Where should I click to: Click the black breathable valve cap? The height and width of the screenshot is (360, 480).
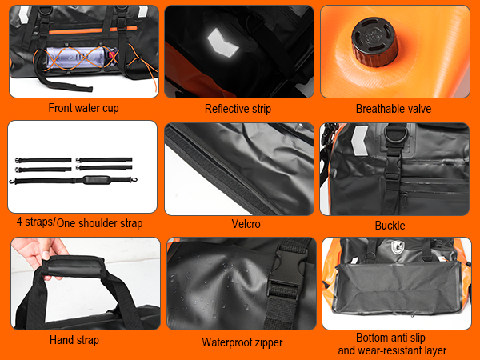pyautogui.click(x=374, y=42)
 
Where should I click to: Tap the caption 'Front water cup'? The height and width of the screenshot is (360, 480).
pyautogui.click(x=83, y=108)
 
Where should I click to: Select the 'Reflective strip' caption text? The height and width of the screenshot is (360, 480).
pyautogui.click(x=238, y=109)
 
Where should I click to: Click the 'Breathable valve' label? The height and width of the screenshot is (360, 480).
pyautogui.click(x=394, y=109)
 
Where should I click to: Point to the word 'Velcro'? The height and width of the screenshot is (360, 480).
pyautogui.click(x=246, y=224)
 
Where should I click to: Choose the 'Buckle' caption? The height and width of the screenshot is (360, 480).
pyautogui.click(x=390, y=226)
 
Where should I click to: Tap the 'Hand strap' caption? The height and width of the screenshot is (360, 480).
pyautogui.click(x=74, y=340)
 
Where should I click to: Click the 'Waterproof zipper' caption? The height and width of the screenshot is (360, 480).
pyautogui.click(x=242, y=342)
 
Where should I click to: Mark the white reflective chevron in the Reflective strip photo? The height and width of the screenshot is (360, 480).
pyautogui.click(x=223, y=43)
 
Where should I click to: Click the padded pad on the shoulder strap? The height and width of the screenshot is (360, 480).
pyautogui.click(x=97, y=180)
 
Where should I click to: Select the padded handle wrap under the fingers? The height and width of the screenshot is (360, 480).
pyautogui.click(x=73, y=267)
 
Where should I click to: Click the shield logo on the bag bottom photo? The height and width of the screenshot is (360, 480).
pyautogui.click(x=398, y=247)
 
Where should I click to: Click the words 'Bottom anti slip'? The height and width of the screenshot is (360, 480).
pyautogui.click(x=390, y=338)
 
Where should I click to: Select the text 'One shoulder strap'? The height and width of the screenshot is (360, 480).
pyautogui.click(x=99, y=223)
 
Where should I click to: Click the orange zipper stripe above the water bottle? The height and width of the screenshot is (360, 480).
pyautogui.click(x=93, y=30)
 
